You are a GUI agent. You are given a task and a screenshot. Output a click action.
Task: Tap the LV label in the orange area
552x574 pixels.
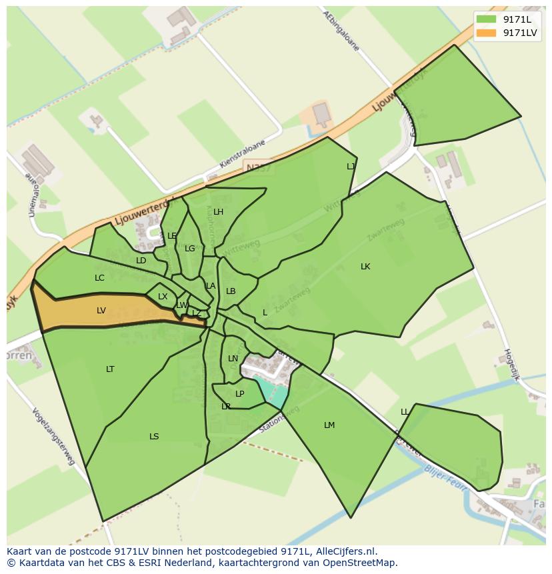coord(101,310)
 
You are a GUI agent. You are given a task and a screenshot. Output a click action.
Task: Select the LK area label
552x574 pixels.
coord(365,267)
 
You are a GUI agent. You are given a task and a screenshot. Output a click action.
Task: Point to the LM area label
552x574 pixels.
coord(329,425)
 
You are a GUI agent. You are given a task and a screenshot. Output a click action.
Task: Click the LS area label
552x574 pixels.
coord(154,437)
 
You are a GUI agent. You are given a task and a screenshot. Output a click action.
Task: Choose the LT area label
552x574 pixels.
coord(110,369)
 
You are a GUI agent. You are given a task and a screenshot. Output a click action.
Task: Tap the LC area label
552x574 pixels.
coord(99,278)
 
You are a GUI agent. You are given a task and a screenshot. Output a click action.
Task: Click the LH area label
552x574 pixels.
coord(218,212)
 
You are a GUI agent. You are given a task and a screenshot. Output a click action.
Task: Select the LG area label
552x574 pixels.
coord(190,249)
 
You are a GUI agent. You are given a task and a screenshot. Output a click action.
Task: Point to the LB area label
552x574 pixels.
coord(231,291)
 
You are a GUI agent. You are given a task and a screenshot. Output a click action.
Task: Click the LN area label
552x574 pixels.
coord(233,359)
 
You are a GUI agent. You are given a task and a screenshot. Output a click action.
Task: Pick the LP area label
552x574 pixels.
coord(240,394)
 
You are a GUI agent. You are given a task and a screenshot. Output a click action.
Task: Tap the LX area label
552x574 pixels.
coord(163,297)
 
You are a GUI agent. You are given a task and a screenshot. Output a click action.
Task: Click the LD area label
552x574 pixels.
coord(141,261)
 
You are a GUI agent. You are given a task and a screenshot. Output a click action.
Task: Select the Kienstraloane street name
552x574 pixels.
coord(242,154)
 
